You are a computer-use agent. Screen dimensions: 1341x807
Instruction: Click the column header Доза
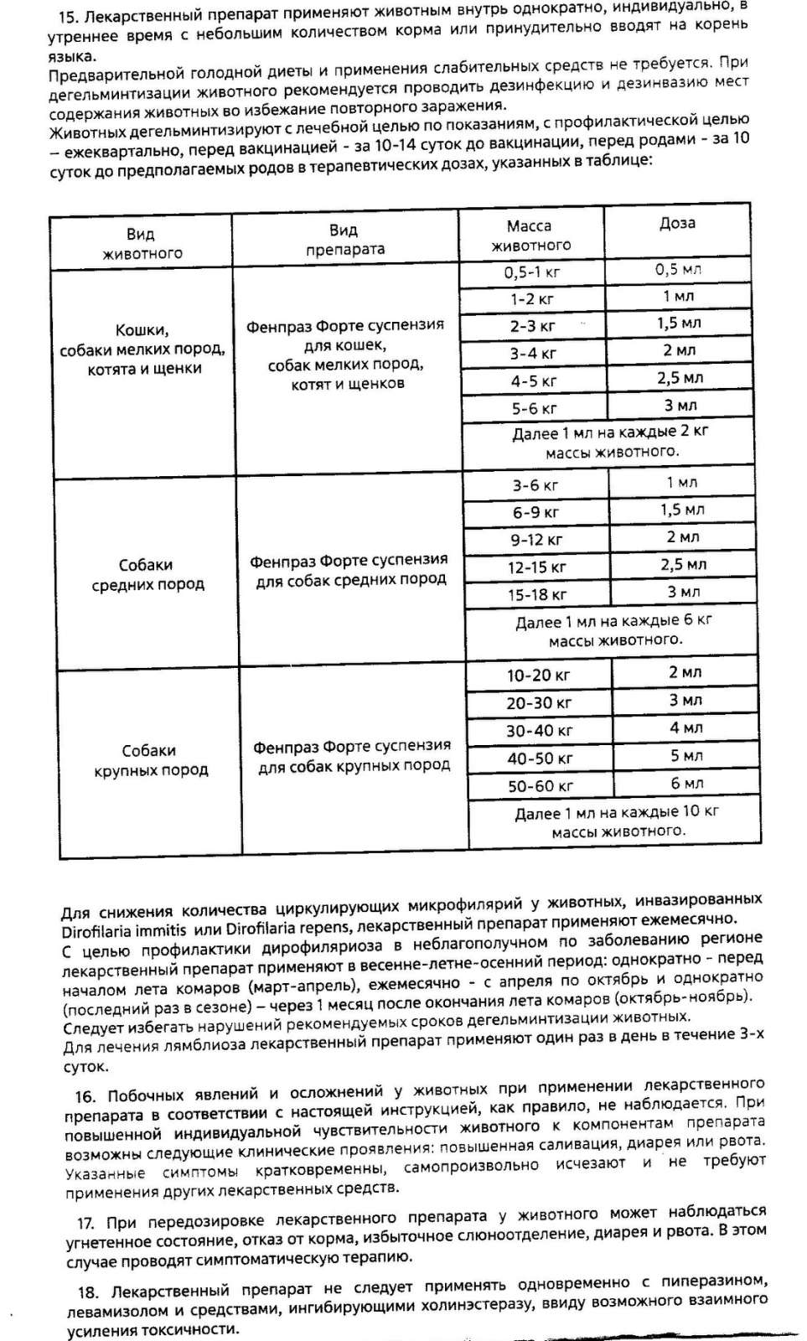pyautogui.click(x=677, y=224)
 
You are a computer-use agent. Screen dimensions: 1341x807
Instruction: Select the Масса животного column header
pyautogui.click(x=530, y=236)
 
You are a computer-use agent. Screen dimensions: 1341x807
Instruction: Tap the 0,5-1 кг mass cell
pyautogui.click(x=532, y=272)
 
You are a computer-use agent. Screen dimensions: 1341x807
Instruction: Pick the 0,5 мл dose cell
pyautogui.click(x=678, y=270)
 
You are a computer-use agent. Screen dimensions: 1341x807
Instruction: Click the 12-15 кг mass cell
pyautogui.click(x=536, y=567)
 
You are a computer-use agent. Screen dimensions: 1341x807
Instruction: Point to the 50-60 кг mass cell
pyautogui.click(x=540, y=786)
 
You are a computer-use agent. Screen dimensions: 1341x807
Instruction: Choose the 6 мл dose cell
pyautogui.click(x=686, y=784)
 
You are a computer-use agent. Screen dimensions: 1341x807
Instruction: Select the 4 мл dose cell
pyautogui.click(x=685, y=728)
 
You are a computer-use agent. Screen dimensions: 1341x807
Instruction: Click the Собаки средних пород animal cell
pyautogui.click(x=147, y=574)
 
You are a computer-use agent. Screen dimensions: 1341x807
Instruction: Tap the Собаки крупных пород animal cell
pyautogui.click(x=150, y=760)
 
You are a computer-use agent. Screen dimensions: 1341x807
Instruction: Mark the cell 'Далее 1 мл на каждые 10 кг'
pyautogui.click(x=617, y=821)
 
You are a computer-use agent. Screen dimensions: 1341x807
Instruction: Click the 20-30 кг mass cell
pyautogui.click(x=539, y=703)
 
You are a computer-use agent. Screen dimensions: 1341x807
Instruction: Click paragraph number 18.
pyautogui.click(x=88, y=1292)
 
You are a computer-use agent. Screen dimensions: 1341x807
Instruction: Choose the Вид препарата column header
pyautogui.click(x=344, y=240)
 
